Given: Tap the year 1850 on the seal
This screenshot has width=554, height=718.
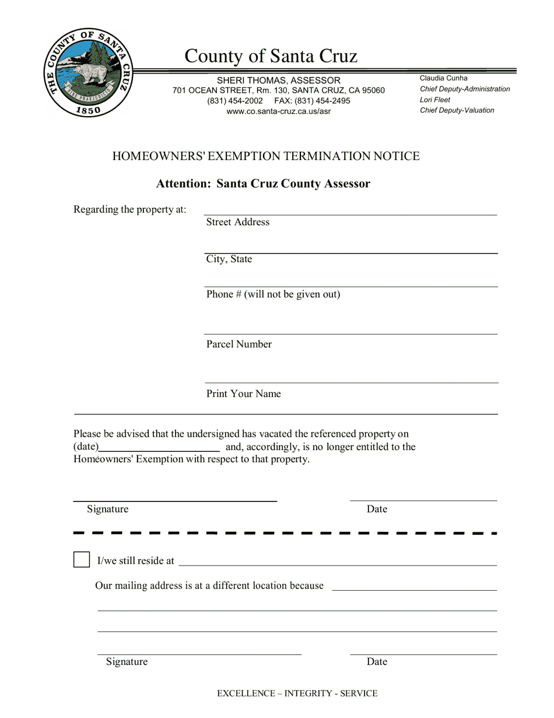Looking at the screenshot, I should coord(89,110).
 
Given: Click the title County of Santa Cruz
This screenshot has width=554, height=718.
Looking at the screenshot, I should coord(271,56).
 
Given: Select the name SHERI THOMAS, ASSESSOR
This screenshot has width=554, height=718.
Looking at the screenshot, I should coord(278,80).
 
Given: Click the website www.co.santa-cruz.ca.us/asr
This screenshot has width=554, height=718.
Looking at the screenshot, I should coord(278,111).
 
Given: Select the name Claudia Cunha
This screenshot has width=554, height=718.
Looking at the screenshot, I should coord(443,78).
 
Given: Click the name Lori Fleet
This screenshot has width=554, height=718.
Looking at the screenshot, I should coord(435,100).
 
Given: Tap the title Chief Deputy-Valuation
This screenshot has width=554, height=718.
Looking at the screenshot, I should coord(457,110).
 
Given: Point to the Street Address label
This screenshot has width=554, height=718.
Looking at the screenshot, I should coord(237,222).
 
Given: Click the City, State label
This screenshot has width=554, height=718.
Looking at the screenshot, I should coord(229,259).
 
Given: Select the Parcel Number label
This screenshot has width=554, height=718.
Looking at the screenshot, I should coord(239,344).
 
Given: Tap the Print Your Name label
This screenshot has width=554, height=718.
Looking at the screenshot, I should coord(243,394).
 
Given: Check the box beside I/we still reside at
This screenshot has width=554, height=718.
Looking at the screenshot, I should coord(82,560).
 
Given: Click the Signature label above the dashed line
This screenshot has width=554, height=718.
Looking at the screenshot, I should coord(107,509).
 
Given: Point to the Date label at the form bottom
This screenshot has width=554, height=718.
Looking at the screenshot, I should coord(377,661).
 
